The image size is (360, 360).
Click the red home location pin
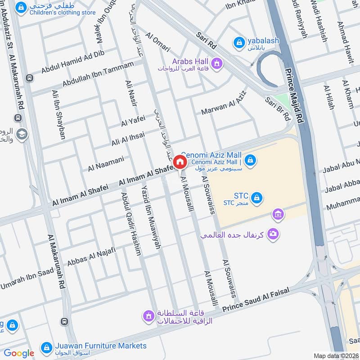(x=180, y=162)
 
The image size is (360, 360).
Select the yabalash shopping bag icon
(x=239, y=43)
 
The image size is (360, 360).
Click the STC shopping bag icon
(x=257, y=198)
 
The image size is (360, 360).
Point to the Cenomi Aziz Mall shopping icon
(x=251, y=159)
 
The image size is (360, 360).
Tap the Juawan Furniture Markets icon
(x=46, y=347)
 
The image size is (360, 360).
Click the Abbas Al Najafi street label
(x=92, y=256)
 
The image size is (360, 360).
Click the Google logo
(x=19, y=354)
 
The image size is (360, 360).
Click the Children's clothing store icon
(x=20, y=8)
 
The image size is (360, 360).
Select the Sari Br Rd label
(x=278, y=108)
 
